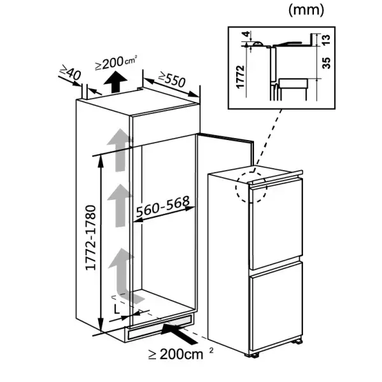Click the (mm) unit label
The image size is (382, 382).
pyautogui.click(x=306, y=10)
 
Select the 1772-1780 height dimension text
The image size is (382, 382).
pyautogui.click(x=90, y=237)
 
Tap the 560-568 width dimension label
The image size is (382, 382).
pyautogui.click(x=162, y=206)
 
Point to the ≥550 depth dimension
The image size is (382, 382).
pyautogui.click(x=172, y=79)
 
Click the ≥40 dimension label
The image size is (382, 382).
pyautogui.click(x=70, y=72)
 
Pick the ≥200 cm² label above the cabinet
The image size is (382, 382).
pyautogui.click(x=116, y=62)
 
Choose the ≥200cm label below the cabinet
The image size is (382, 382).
pyautogui.click(x=180, y=354)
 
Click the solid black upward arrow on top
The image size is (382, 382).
pyautogui.click(x=115, y=82)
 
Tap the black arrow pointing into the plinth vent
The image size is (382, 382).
pyautogui.click(x=179, y=333)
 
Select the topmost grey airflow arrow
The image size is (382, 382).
pyautogui.click(x=120, y=150)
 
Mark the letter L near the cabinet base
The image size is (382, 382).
pyautogui.click(x=117, y=309)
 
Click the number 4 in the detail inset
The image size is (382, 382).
pyautogui.click(x=247, y=34)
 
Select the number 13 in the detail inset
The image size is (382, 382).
pyautogui.click(x=326, y=39)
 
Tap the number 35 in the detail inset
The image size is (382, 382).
pyautogui.click(x=326, y=63)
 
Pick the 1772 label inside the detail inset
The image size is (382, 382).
pyautogui.click(x=240, y=76)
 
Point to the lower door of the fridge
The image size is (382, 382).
pyautogui.click(x=277, y=306)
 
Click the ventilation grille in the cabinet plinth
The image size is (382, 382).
pyautogui.click(x=160, y=328)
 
